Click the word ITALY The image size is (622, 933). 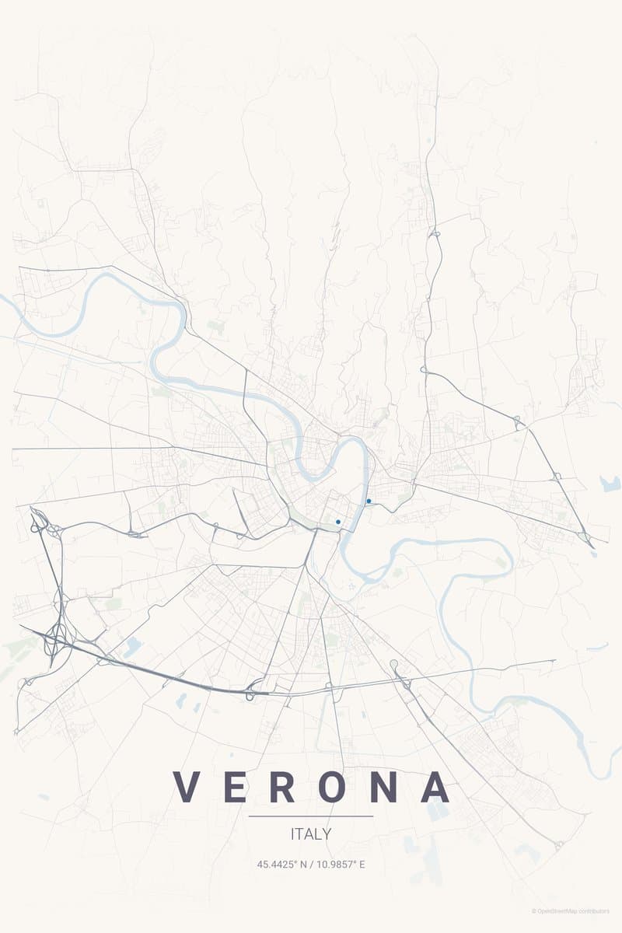[311, 834]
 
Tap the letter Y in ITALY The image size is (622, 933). [327, 834]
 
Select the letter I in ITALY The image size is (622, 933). [292, 834]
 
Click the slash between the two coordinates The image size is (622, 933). [311, 864]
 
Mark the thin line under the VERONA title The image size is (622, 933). [311, 816]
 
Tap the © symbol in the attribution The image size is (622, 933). [533, 911]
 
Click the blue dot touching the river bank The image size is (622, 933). [368, 501]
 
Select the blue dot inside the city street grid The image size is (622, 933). [338, 522]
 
